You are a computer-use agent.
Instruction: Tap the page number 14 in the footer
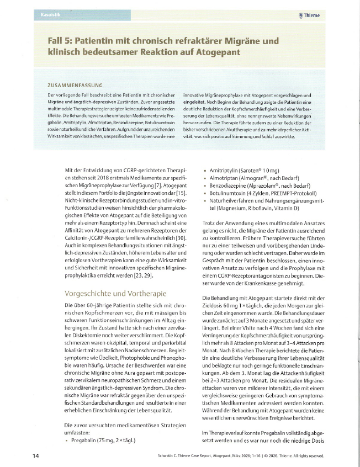[35, 455]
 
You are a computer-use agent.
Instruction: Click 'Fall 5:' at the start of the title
[59, 41]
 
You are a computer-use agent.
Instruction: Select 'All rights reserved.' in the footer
[304, 456]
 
